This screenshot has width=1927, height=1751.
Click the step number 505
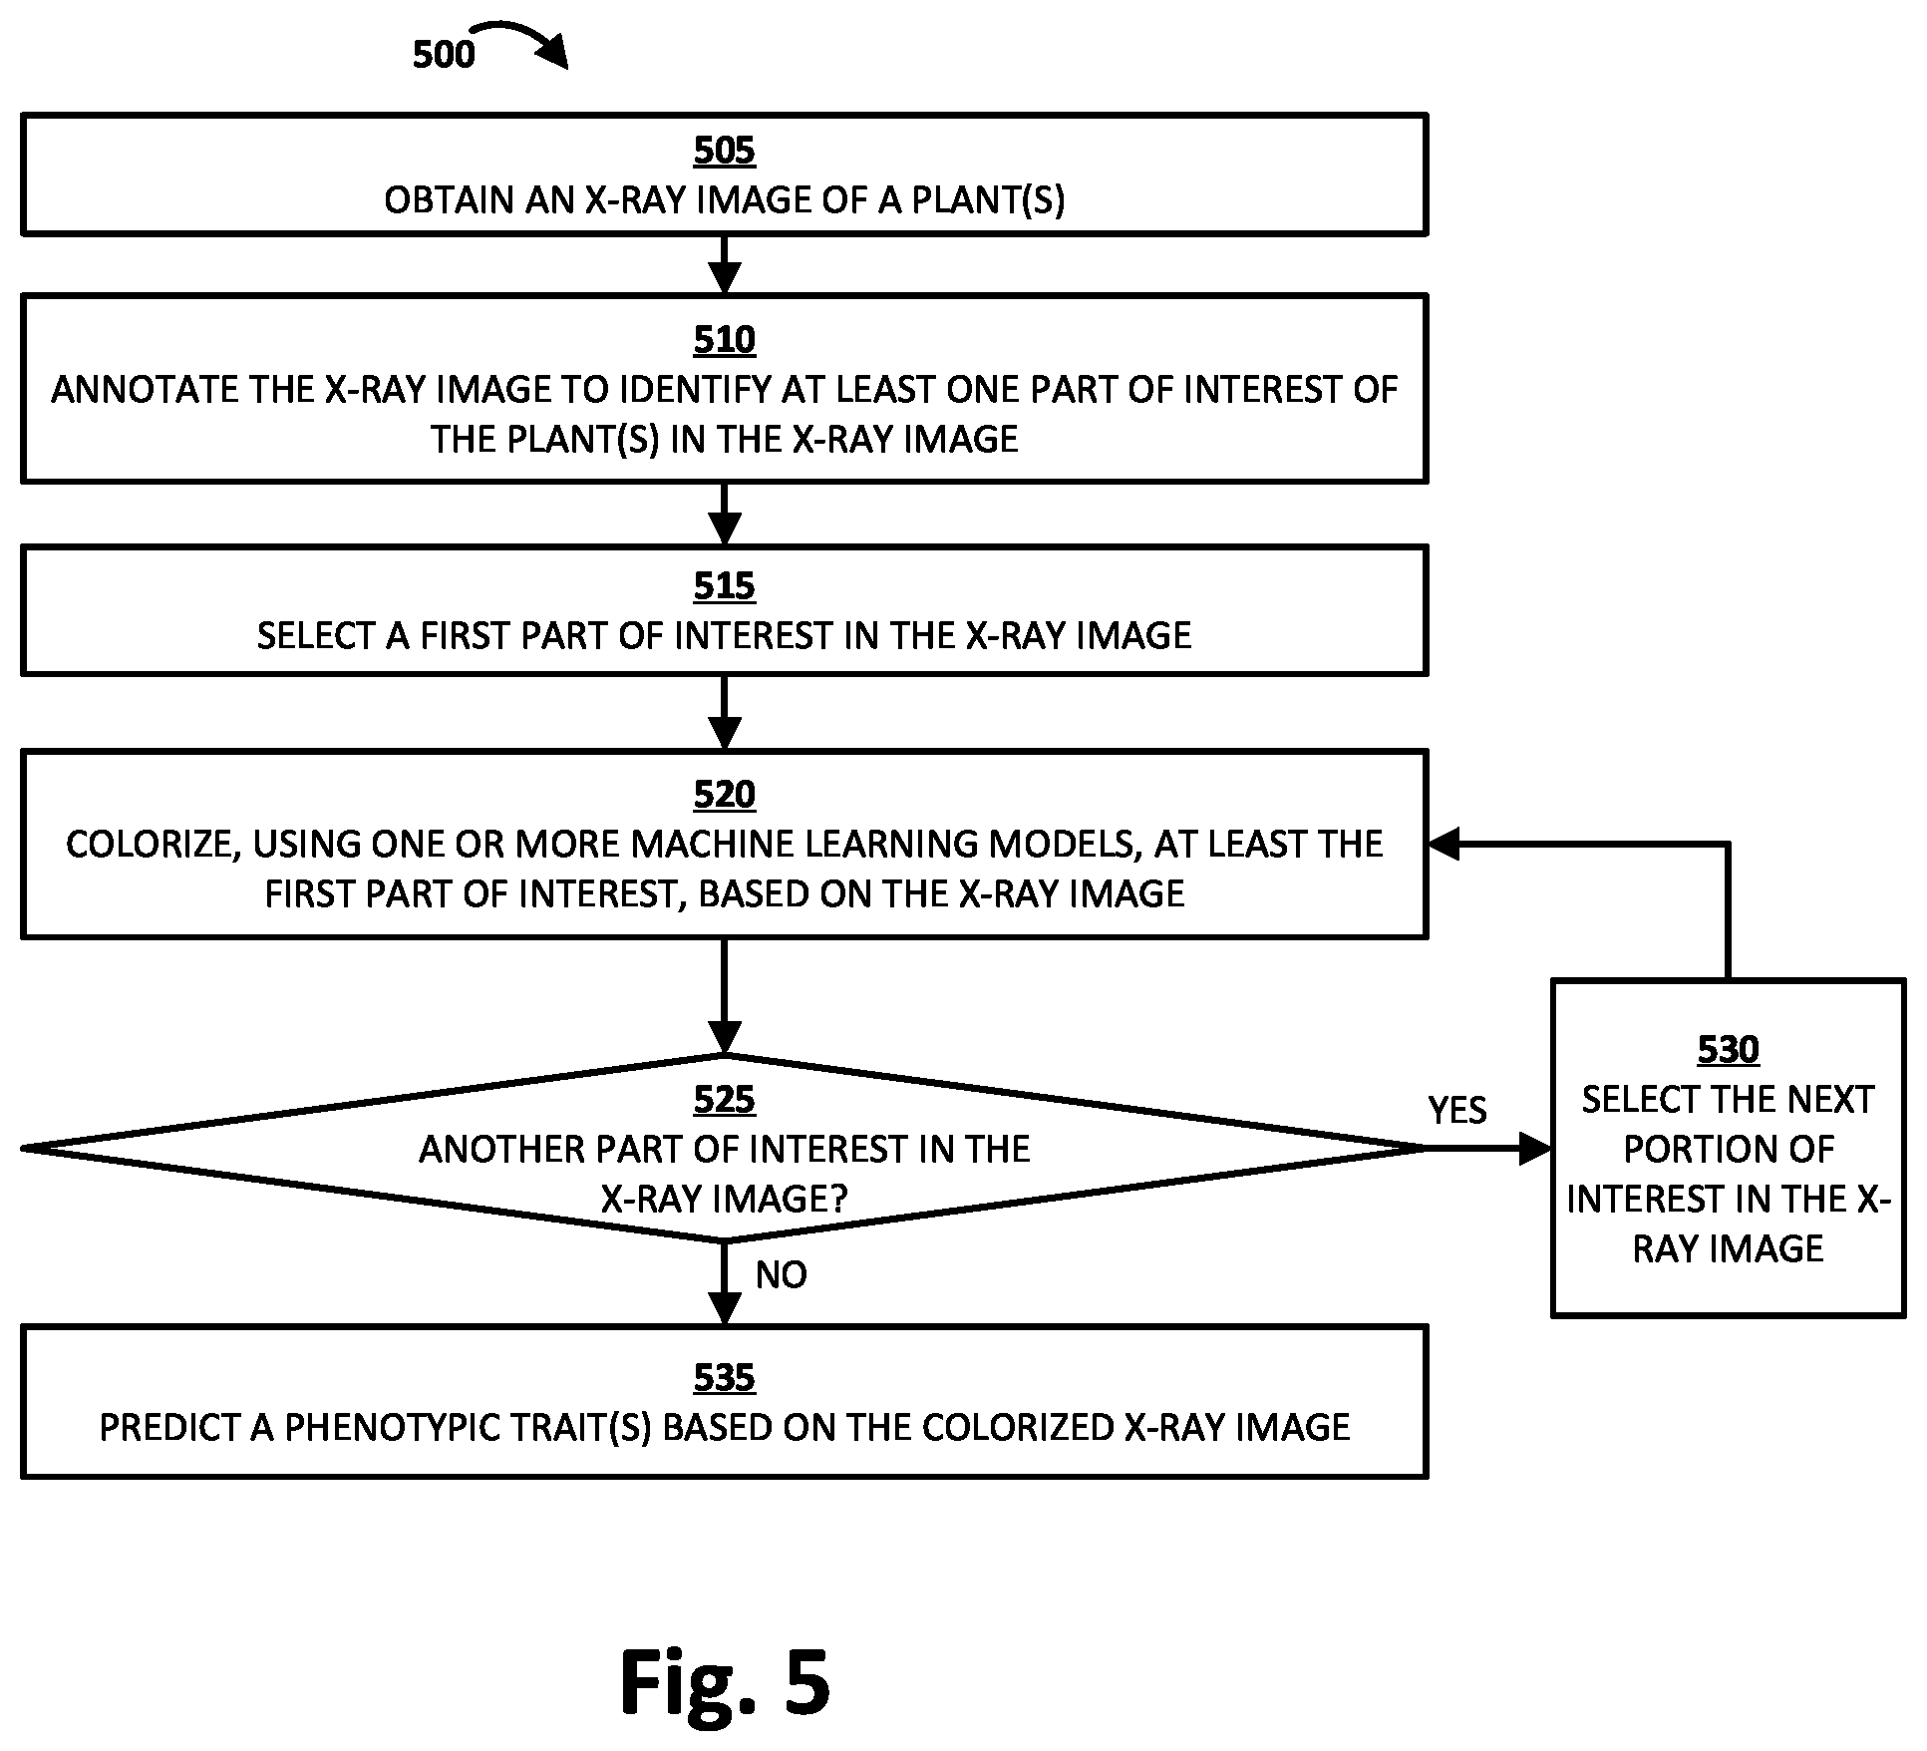pos(724,151)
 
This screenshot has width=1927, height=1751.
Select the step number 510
pos(724,340)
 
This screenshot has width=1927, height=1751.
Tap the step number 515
pos(724,586)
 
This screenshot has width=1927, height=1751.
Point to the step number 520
pos(724,795)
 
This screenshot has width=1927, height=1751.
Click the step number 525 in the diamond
pos(724,1100)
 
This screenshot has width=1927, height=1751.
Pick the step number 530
pos(1728,1050)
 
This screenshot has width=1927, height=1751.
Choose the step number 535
pos(724,1378)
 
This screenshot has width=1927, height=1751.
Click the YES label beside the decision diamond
pos(1457,1110)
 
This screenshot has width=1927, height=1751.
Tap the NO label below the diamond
pos(782,1274)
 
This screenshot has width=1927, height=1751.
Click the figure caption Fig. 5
pos(725,1682)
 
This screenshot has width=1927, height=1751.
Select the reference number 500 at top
pos(444,54)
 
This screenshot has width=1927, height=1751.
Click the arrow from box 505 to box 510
pos(724,264)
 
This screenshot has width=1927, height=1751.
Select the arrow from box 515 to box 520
pos(724,712)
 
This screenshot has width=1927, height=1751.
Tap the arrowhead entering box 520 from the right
pos(1444,845)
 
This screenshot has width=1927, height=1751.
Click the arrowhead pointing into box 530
pos(1536,1149)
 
